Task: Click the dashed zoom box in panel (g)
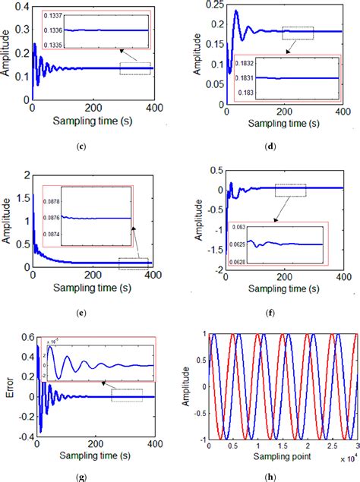126,395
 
